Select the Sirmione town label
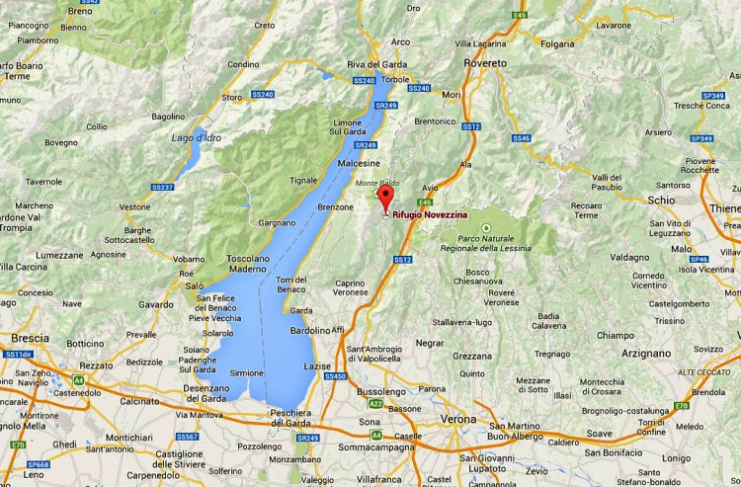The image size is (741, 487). pyautogui.click(x=246, y=373)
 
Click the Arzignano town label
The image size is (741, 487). pyautogui.click(x=647, y=352)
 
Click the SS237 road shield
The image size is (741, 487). pyautogui.click(x=163, y=187)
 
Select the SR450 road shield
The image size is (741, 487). pyautogui.click(x=336, y=376)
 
